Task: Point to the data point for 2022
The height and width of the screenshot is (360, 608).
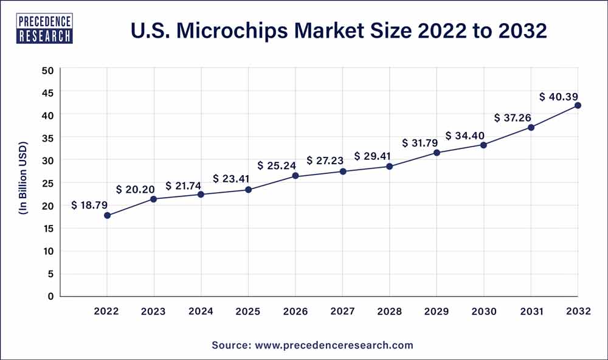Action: (107, 215)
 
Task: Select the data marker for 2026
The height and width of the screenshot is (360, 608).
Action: (295, 176)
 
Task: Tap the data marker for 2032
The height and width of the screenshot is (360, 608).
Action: (578, 105)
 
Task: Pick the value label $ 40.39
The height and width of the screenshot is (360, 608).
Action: (558, 97)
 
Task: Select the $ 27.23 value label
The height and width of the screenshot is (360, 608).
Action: (325, 161)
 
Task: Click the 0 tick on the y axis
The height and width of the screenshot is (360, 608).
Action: (51, 296)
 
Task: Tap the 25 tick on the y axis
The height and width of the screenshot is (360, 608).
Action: (48, 183)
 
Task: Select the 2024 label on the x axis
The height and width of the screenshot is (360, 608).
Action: (201, 311)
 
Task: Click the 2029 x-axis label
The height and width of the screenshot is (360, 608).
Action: (437, 311)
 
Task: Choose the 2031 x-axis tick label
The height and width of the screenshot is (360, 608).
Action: (531, 311)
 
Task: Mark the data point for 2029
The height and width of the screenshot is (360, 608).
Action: (437, 152)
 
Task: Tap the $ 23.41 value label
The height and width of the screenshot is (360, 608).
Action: (232, 179)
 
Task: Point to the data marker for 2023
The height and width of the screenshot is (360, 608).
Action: (154, 199)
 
